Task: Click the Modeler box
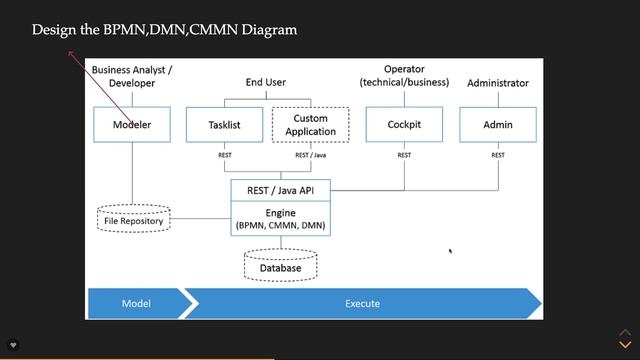[x=131, y=125]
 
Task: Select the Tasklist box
[x=225, y=125]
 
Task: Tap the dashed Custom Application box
[x=310, y=125]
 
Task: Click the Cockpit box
[x=404, y=125]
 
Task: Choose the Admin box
[x=497, y=125]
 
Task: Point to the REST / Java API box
[x=280, y=189]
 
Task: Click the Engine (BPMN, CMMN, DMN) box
[x=280, y=219]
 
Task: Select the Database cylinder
[x=280, y=266]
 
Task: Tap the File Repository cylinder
[x=134, y=217]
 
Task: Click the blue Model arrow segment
[x=136, y=303]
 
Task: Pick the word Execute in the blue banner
[x=362, y=303]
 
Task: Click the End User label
[x=266, y=82]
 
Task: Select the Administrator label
[x=498, y=83]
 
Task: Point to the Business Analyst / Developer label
[x=132, y=76]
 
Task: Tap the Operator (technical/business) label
[x=404, y=76]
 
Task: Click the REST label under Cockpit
[x=404, y=155]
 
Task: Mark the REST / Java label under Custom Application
[x=309, y=155]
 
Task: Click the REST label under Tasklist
[x=225, y=155]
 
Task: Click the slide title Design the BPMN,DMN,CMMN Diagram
[x=164, y=30]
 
